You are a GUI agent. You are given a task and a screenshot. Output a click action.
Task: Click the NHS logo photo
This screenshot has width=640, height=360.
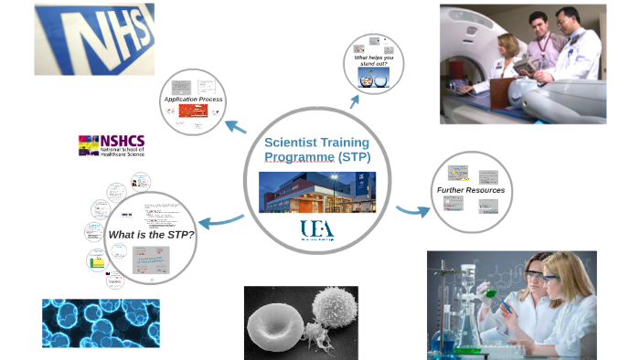tap(94, 38)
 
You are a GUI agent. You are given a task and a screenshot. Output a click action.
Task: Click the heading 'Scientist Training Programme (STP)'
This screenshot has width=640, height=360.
tap(316, 149)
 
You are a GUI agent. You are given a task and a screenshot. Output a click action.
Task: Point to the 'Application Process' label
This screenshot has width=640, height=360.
tap(193, 99)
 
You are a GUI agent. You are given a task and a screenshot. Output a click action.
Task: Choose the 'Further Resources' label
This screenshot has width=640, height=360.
tap(470, 190)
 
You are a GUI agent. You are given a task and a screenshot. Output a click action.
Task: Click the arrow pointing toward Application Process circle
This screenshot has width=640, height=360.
tap(234, 126)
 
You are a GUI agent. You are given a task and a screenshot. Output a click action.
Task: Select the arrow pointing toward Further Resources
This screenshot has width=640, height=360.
tap(412, 211)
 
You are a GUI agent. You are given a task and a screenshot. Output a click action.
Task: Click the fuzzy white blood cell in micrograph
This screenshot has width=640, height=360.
tap(329, 306)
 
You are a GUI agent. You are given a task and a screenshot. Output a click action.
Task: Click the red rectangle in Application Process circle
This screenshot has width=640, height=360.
tap(193, 111)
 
